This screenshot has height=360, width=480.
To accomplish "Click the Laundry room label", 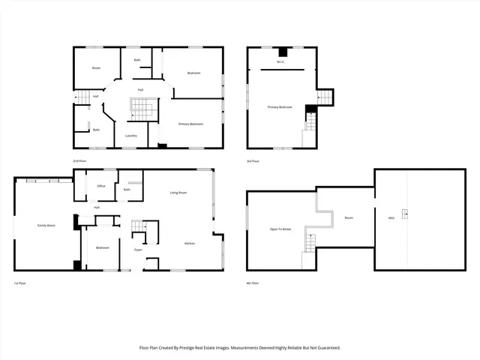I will (130, 136).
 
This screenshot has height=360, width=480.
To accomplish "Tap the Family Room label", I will (47, 225).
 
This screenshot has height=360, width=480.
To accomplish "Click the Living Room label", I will (178, 193).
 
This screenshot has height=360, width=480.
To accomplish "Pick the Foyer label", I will (138, 249).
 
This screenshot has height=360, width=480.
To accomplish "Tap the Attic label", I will (391, 217).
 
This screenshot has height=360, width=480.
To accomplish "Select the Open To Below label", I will (280, 229).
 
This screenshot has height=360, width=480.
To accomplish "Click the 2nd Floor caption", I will (79, 161).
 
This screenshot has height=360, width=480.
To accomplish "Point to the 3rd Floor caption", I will (253, 161).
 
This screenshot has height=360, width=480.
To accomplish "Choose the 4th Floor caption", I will (253, 283).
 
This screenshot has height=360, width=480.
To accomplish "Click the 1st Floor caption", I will (20, 283).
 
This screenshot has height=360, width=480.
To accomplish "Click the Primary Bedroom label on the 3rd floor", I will (280, 107).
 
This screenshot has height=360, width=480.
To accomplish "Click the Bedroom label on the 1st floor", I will (102, 247).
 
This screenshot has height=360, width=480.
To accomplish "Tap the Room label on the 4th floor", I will (349, 217).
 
